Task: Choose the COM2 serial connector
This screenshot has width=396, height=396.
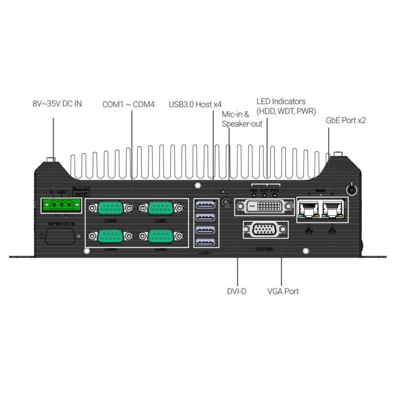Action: pos(160,236)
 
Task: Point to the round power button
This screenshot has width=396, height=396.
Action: pos(351,190)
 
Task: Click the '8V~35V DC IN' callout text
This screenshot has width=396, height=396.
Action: pos(57,104)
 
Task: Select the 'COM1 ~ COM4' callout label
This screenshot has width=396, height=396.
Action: pos(128,104)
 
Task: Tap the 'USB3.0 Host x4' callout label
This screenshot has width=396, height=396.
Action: pos(195,104)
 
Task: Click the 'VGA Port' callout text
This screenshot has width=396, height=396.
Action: pos(283,292)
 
